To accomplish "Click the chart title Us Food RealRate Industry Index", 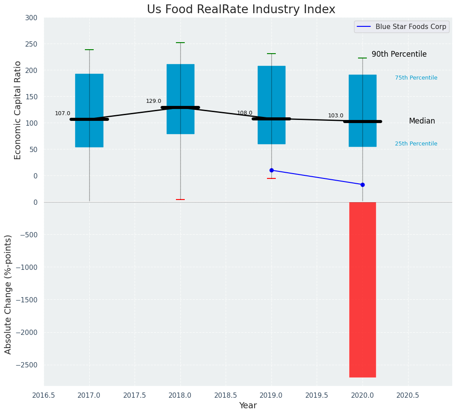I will [x=241, y=10].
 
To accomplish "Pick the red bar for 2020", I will [x=362, y=290].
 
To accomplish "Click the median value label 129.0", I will [x=154, y=101].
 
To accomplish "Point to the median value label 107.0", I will [x=62, y=113].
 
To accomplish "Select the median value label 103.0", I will [x=336, y=116].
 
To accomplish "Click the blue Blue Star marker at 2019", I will [x=271, y=170].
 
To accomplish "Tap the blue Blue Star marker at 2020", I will [x=362, y=185].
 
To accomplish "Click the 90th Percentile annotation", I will [x=399, y=54].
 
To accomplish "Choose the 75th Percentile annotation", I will [x=416, y=78].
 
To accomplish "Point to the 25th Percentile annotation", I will [x=416, y=144].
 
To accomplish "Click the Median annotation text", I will [x=422, y=121].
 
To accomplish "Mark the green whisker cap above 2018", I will [x=180, y=43].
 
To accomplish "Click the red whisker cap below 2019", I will [x=271, y=178].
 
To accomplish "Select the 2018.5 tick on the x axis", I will [x=226, y=395].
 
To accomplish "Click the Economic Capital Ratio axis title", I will [x=18, y=110].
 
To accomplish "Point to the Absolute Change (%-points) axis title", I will [x=8, y=294].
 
